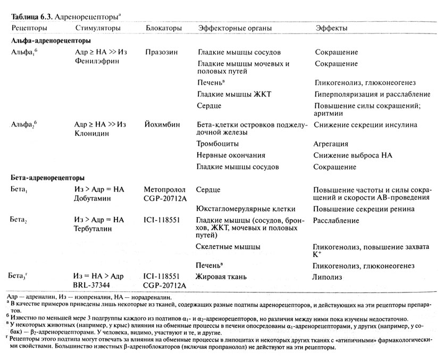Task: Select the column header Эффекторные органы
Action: pyautogui.click(x=234, y=28)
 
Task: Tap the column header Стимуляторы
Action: pyautogui.click(x=98, y=28)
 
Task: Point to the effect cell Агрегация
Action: pyautogui.click(x=331, y=144)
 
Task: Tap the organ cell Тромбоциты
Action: pyautogui.click(x=217, y=144)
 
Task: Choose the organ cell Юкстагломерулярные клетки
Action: pyautogui.click(x=246, y=208)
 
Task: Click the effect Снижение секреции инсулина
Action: pyautogui.click(x=365, y=125)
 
